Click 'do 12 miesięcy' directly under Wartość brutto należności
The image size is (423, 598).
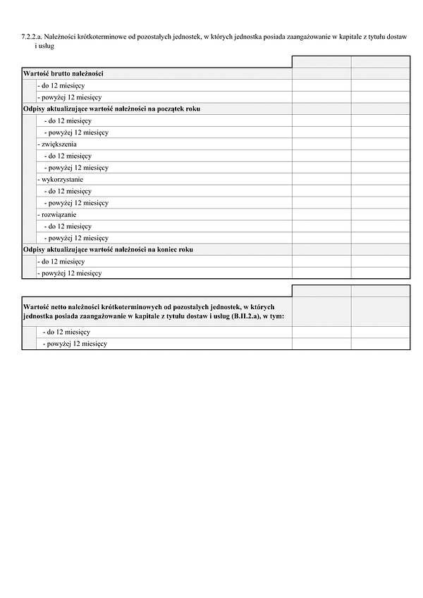61,85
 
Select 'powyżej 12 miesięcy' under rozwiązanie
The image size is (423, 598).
76,238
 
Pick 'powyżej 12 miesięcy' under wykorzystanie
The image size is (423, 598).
76,203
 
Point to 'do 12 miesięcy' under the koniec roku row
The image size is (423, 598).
61,261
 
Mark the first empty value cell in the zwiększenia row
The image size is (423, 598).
321,144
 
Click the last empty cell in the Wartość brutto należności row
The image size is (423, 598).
380,73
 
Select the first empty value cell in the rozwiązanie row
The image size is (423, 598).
321,214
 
